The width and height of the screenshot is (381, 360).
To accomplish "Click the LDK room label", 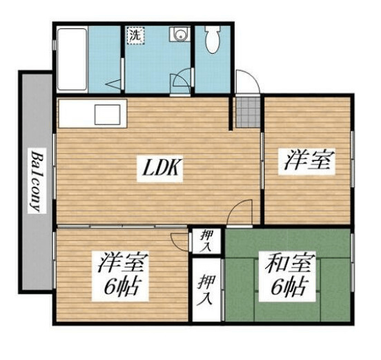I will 162,167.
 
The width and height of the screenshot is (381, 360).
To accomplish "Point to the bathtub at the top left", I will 72,59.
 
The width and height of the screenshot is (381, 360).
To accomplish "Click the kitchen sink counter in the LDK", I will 93,113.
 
